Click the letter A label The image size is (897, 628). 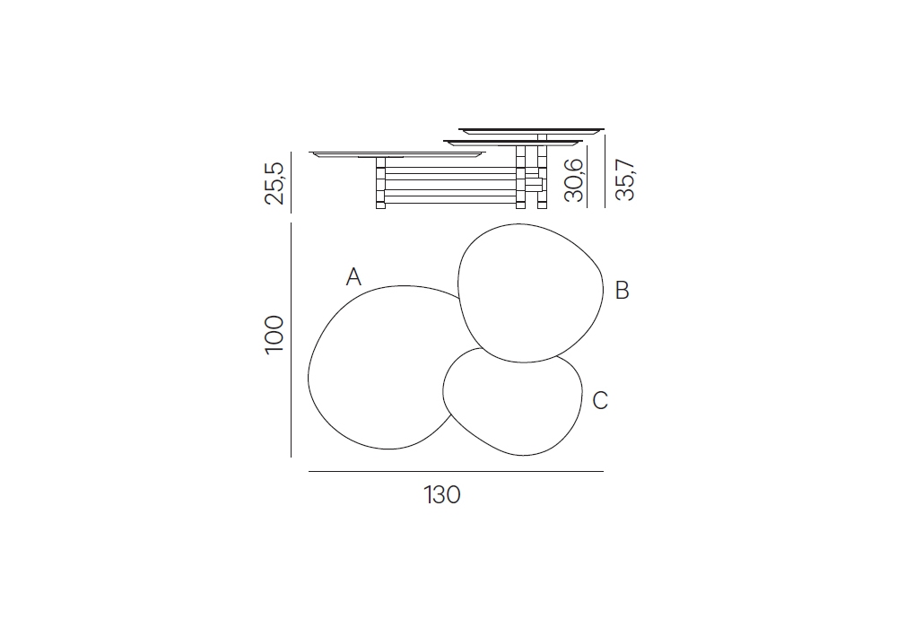(x=353, y=277)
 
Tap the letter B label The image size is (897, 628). (x=622, y=290)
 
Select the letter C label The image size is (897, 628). (x=599, y=400)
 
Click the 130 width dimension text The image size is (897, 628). (x=442, y=494)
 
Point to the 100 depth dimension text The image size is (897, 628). (x=274, y=335)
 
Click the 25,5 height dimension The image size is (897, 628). (x=274, y=183)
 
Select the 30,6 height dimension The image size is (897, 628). (x=574, y=180)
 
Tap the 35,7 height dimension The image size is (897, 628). (x=625, y=180)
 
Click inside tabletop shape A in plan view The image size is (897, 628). (x=378, y=371)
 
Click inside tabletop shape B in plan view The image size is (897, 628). (x=529, y=292)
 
